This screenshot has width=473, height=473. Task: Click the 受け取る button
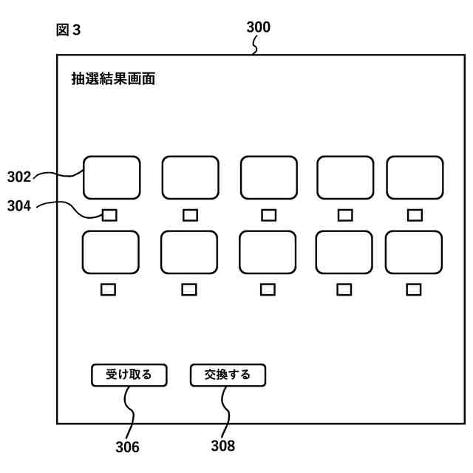[x=129, y=375]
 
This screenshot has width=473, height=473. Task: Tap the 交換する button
[x=228, y=375]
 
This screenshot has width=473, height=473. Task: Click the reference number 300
[x=258, y=27]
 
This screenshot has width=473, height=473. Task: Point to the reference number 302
[x=19, y=177]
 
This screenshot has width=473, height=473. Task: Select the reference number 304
[x=19, y=207]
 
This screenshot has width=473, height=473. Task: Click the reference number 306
[x=127, y=446]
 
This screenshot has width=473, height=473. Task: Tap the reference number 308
[x=222, y=446]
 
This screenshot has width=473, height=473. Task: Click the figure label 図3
[x=68, y=30]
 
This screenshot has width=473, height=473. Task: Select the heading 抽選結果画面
[x=113, y=79]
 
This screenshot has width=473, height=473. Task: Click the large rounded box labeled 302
[x=111, y=177]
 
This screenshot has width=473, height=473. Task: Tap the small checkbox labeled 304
[x=109, y=215]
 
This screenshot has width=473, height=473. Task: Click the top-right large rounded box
[x=415, y=177]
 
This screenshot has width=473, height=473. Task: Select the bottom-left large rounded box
[x=109, y=252]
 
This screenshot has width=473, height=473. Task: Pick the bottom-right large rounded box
[x=414, y=252]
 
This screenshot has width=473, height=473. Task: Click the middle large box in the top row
[x=269, y=177]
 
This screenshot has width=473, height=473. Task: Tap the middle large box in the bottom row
[x=268, y=252]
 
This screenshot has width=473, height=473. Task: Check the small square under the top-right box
[x=415, y=215]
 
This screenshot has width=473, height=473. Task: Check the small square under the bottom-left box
[x=109, y=290]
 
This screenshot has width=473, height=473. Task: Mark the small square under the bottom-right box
[x=414, y=290]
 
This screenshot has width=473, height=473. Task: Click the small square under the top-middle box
[x=269, y=215]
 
